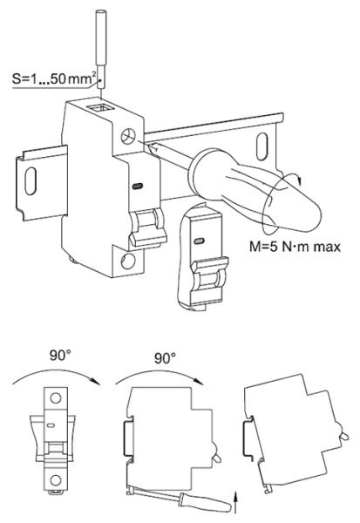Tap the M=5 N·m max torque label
295,247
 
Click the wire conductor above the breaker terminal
100,50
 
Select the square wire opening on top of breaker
100,108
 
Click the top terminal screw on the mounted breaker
128,137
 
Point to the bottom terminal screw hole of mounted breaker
128,261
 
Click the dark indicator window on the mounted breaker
138,187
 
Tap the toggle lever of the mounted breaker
147,228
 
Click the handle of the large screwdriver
254,190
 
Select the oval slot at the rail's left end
31,180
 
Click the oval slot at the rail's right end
262,146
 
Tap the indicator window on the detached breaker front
199,241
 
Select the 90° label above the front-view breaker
60,356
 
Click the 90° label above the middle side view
165,358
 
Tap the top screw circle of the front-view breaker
56,397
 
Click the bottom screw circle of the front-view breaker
56,480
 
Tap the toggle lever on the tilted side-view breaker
343,435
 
